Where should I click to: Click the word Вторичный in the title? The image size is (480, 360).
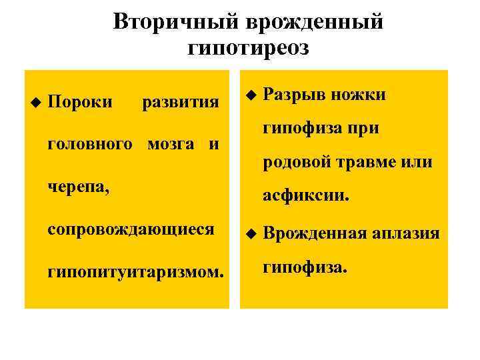175,22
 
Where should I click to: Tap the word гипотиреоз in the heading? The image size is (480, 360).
249,48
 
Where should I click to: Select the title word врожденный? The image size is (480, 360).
315,22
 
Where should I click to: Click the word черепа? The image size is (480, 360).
79,187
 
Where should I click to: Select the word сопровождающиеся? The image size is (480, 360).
131,229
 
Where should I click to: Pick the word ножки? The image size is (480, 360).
363,95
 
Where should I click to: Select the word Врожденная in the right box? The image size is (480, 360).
314,233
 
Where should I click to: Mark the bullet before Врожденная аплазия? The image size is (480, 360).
249,234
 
